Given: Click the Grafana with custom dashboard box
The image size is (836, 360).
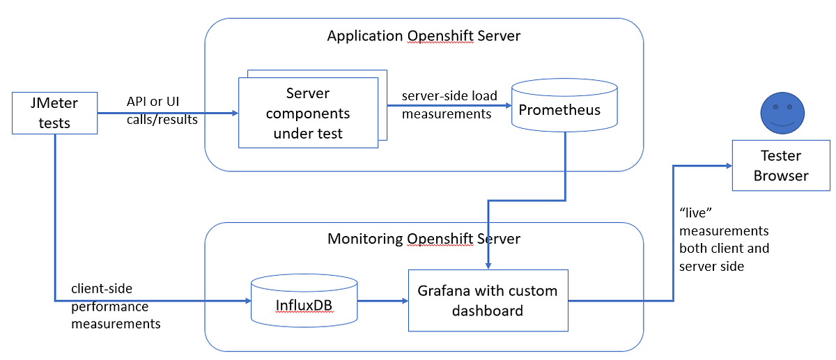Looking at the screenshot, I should (488, 301).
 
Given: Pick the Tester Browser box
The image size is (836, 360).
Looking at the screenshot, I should (780, 166).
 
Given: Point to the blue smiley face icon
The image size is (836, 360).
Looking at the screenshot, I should (781, 115).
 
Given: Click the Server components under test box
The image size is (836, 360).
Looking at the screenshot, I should (307, 113).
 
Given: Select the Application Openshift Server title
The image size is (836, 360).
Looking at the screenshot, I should (424, 36).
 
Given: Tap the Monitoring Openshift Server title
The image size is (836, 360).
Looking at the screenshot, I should (424, 239).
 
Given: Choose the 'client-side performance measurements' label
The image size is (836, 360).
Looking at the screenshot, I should (116, 306).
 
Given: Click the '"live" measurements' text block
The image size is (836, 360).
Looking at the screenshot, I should (724, 239).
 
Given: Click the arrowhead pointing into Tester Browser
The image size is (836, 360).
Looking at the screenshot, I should (727, 166).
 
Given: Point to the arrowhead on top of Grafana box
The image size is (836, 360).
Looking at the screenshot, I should (488, 265).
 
